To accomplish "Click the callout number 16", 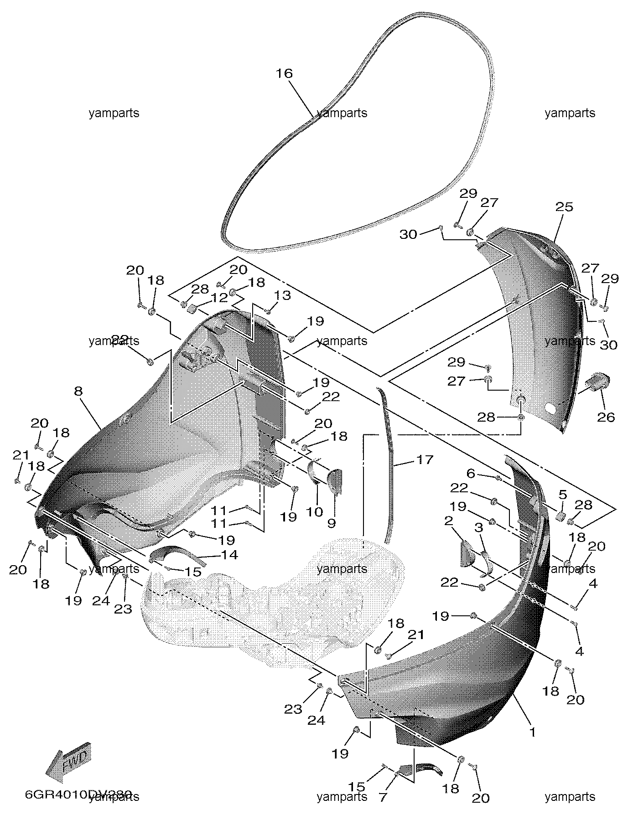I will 284,73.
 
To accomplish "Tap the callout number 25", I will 564,207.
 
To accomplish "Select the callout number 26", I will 606,417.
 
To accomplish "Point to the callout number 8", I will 78,391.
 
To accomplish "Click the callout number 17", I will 424,459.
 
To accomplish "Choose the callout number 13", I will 283,295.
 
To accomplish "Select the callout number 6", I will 471,474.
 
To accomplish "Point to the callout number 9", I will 332,523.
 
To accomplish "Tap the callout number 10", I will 314,512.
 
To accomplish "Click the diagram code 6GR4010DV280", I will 78,794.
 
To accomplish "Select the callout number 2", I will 448,520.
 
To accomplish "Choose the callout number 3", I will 478,527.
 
